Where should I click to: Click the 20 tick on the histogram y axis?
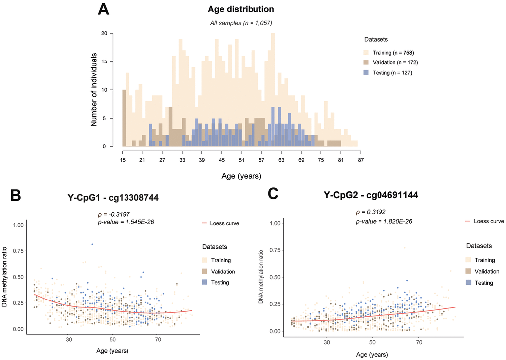pos(104,34)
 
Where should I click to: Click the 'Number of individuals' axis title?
pos(94,89)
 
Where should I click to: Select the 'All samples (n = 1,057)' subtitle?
pos(241,23)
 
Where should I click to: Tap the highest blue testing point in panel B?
pos(92,244)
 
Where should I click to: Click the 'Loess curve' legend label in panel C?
pos(489,221)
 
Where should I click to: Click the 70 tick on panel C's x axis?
pos(420,342)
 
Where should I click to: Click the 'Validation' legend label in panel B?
pos(222,271)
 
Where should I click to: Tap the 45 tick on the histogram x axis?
pos(222,160)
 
